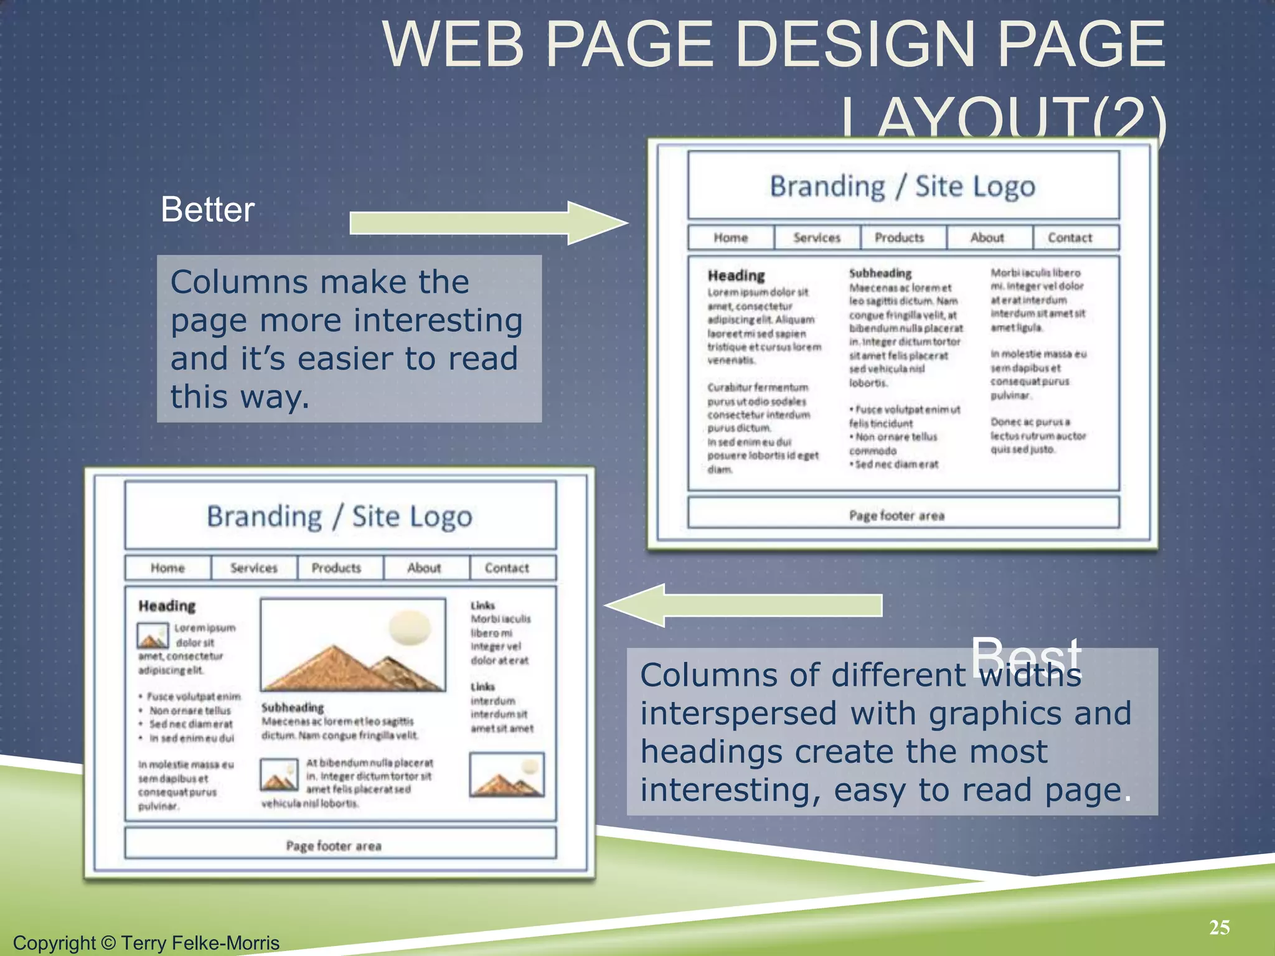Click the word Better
[207, 209]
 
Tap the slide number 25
[1219, 927]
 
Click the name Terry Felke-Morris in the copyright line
[200, 943]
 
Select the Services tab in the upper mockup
[816, 238]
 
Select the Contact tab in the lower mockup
[507, 568]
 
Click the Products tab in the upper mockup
[900, 238]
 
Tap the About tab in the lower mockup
[424, 568]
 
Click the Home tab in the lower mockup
[167, 568]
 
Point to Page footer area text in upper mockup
[896, 515]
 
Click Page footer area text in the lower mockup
[334, 846]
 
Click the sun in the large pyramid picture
[410, 627]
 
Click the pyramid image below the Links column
[507, 776]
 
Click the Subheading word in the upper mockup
[880, 273]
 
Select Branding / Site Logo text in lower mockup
[339, 517]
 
